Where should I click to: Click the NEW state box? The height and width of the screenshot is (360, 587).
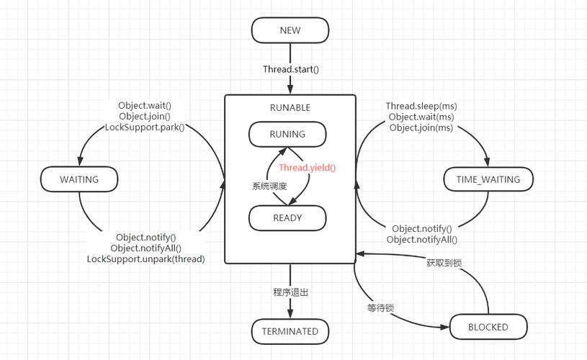tap(290, 31)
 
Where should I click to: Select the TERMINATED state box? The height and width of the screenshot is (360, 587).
tap(290, 331)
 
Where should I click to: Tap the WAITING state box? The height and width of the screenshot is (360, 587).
tap(79, 179)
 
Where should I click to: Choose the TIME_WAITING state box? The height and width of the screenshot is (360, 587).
tap(488, 179)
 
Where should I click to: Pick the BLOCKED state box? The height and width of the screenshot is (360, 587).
tap(488, 327)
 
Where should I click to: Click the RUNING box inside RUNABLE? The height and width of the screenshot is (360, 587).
tap(287, 134)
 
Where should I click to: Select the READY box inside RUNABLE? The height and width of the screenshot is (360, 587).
tap(287, 217)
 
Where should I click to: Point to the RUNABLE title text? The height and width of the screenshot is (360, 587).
tap(290, 108)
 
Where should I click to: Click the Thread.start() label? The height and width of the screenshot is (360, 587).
tap(290, 70)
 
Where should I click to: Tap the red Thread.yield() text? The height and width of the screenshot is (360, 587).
tap(308, 168)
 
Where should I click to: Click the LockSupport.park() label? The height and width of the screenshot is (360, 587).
tap(145, 127)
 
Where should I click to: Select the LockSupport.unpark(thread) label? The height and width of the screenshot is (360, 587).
tap(145, 259)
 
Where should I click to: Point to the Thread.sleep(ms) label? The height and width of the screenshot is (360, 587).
tap(421, 106)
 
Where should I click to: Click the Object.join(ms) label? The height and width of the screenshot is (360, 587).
tap(421, 127)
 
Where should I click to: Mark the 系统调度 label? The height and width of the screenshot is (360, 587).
tap(269, 186)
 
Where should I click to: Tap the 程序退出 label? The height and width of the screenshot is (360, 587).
tap(290, 292)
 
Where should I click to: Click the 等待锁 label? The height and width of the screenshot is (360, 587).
tap(380, 308)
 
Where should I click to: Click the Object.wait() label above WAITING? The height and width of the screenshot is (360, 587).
tap(145, 106)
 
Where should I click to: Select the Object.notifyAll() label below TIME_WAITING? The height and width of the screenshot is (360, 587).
tap(421, 240)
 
